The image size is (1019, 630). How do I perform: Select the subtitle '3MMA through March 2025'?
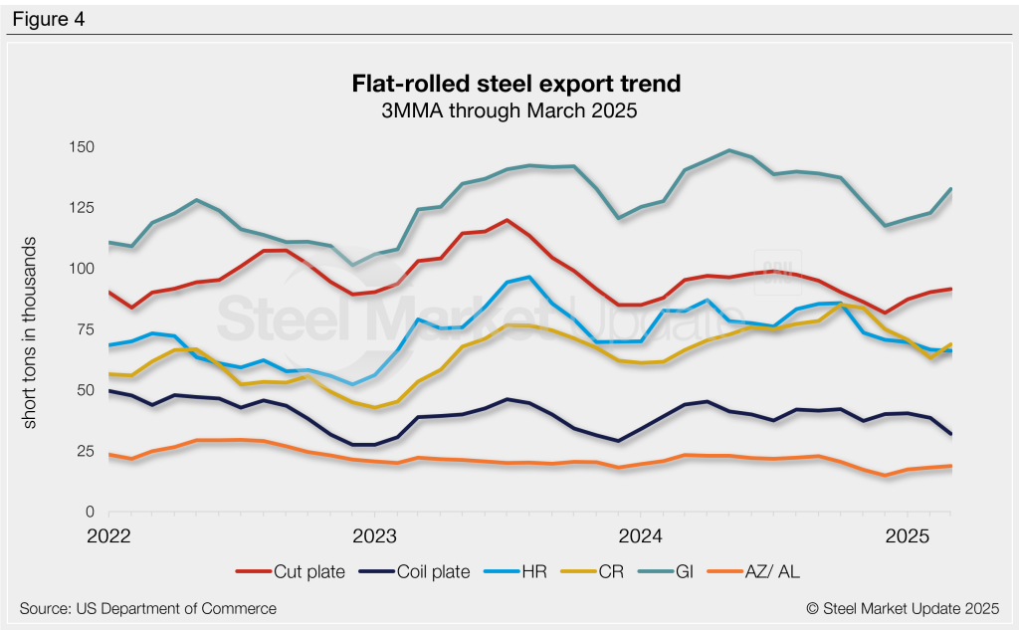tap(509, 110)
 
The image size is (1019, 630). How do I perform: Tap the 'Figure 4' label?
tap(48, 18)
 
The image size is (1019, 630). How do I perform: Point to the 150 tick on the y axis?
tap(81, 147)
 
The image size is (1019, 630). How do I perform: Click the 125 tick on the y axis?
tap(81, 208)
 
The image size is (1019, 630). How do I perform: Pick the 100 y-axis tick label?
tap(81, 269)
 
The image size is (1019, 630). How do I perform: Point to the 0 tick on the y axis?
tap(89, 512)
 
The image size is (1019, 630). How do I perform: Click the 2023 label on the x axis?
tap(374, 536)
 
